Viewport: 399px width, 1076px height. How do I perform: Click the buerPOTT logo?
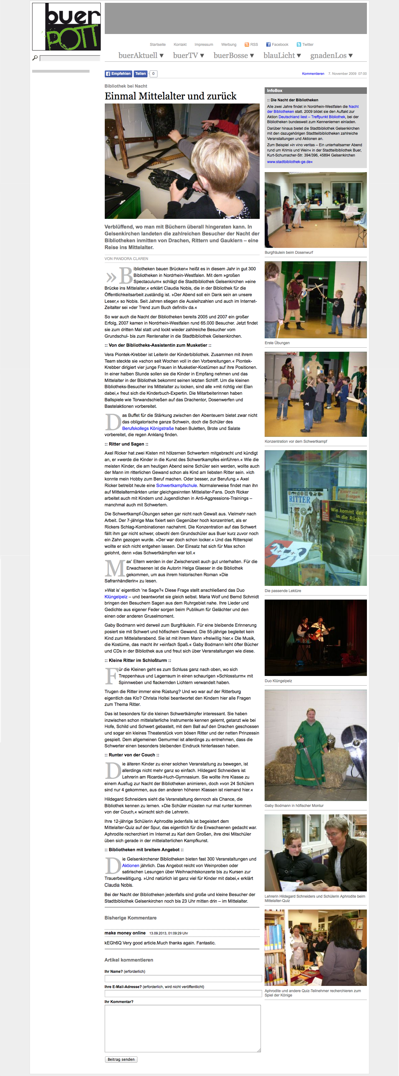(x=66, y=27)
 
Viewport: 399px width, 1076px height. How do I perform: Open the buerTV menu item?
(x=188, y=55)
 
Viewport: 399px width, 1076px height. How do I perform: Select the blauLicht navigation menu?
(x=282, y=55)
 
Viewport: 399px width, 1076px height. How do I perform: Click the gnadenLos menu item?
(x=331, y=55)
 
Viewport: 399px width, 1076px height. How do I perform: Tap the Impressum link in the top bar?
(x=204, y=45)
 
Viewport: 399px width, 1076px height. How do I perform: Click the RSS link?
(x=252, y=45)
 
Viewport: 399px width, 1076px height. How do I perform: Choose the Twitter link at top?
(x=305, y=45)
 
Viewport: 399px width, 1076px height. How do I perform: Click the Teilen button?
(x=140, y=74)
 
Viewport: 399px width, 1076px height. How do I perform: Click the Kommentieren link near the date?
(x=313, y=74)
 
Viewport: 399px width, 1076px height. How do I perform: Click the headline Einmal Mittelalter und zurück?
(x=171, y=96)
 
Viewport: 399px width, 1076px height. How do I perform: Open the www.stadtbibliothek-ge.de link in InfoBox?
(x=290, y=162)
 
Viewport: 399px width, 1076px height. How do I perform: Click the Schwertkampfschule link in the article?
(x=176, y=485)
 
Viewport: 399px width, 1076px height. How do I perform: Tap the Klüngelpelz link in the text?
(x=116, y=597)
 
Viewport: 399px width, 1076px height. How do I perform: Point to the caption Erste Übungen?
(x=277, y=343)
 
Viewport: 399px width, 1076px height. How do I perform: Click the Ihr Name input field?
(x=183, y=979)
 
